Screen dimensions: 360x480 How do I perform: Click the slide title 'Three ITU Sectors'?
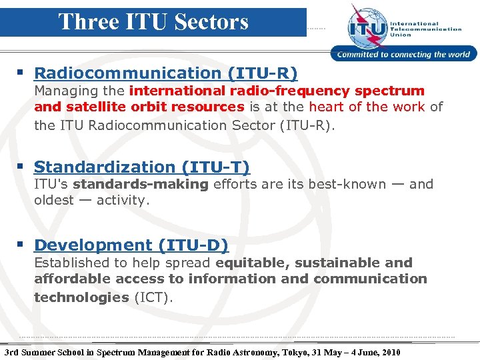point(153,21)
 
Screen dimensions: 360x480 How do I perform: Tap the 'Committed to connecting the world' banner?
point(403,55)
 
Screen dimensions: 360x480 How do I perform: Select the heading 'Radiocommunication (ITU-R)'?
point(166,73)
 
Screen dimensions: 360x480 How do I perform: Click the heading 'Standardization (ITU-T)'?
point(142,167)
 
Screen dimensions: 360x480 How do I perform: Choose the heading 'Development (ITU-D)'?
point(131,245)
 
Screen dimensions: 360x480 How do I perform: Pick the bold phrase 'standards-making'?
point(141,184)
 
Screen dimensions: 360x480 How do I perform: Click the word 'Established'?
point(75,263)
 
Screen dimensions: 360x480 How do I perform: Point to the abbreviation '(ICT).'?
point(153,297)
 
